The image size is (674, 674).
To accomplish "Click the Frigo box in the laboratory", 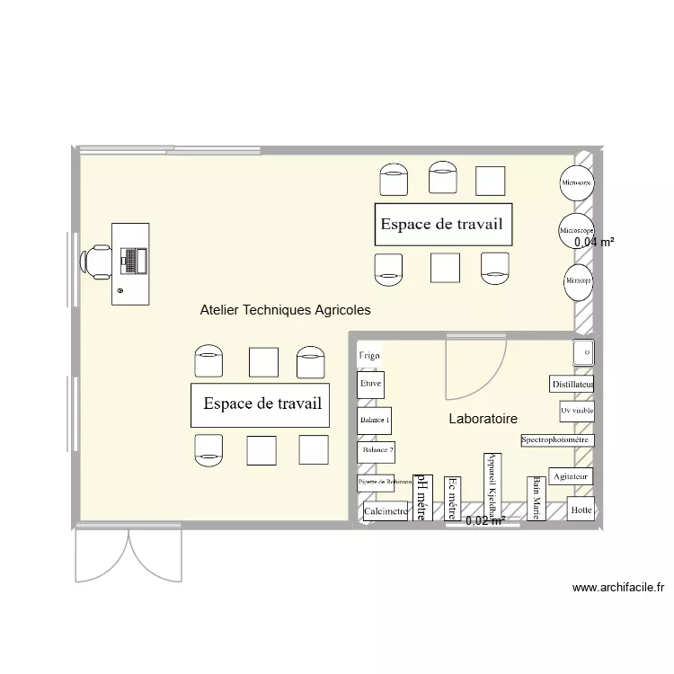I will coord(369,356).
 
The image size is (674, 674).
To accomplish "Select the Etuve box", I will coord(371,385).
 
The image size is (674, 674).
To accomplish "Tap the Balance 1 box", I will coord(375,421).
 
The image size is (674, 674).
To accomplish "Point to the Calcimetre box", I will coord(386,511).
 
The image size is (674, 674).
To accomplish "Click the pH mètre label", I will coord(419,498).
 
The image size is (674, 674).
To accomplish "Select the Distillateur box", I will coord(572,385).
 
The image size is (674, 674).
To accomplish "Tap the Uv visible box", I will coord(576,412).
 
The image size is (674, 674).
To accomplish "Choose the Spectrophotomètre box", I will coord(556,440).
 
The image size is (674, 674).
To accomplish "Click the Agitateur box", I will coord(571,476).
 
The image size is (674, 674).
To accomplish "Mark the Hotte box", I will coord(581,510).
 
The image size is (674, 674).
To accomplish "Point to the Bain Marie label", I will coord(536,498).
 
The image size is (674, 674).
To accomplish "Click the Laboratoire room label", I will coord(483,419).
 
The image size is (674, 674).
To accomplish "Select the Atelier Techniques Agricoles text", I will coord(285,310).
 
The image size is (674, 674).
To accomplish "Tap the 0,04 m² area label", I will coord(594,242).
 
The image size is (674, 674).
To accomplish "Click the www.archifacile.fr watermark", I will coord(618,589).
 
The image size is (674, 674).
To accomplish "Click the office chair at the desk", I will coord(96,261).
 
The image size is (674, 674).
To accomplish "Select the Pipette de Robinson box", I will coord(377,483).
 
